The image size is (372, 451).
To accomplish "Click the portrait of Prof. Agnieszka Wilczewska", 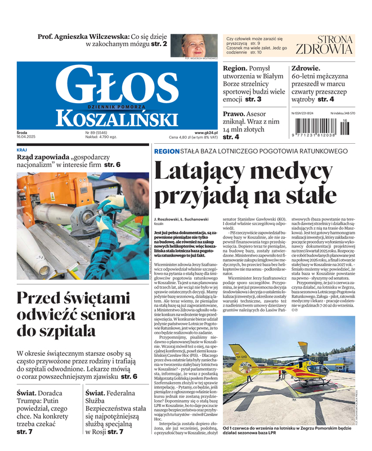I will pos(199,46).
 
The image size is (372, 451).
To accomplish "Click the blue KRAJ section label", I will pos(22,150).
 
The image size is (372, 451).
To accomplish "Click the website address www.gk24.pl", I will pos(207,133).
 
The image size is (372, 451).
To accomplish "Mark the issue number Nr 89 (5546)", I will pos(97,133).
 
